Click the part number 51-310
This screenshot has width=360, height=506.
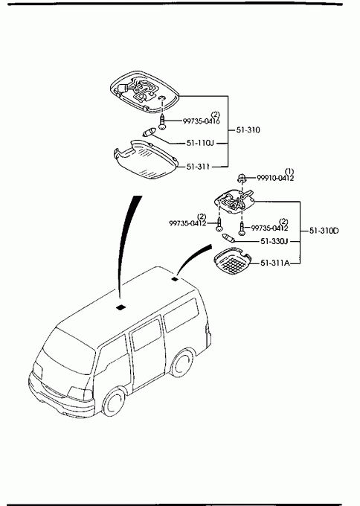(x=248, y=130)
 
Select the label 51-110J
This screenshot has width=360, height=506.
(x=200, y=143)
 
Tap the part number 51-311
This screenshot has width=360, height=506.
(x=198, y=167)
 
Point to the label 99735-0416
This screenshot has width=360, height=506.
(x=202, y=121)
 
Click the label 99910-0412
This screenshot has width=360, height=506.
(x=275, y=178)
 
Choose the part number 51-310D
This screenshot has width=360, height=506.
(x=324, y=231)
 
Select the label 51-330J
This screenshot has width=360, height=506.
(x=274, y=241)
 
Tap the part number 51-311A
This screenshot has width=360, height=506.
(x=275, y=263)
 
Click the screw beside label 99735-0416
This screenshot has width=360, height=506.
(x=163, y=122)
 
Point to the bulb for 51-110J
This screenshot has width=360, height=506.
(x=150, y=132)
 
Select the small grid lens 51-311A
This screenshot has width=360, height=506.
(x=233, y=260)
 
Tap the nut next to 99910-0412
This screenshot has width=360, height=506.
(x=242, y=177)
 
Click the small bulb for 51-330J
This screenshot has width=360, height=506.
(x=228, y=239)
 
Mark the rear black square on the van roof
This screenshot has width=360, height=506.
(x=175, y=279)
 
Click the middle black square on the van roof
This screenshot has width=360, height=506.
(x=121, y=307)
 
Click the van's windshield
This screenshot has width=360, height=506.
(x=68, y=351)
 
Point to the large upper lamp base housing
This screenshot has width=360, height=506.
(x=144, y=92)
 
